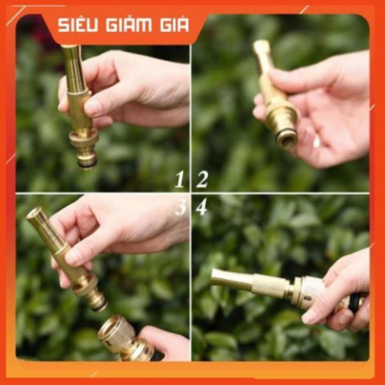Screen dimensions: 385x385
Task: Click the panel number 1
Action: [179, 179]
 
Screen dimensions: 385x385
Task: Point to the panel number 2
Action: [202, 179]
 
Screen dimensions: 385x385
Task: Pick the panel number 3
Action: [179, 207]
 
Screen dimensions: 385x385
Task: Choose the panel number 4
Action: [202, 207]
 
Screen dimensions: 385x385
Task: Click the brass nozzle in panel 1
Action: [79, 106]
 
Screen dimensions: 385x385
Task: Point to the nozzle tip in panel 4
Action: [219, 278]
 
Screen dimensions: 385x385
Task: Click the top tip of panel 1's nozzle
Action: [70, 50]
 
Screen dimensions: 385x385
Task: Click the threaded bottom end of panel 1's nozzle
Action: [86, 156]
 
